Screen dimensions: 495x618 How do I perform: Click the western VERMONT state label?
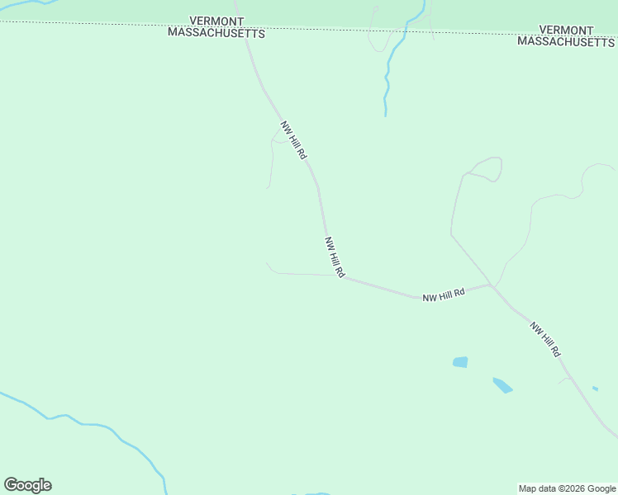(216, 21)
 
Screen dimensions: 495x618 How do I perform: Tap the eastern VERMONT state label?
(566, 30)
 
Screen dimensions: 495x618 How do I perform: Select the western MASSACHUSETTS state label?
(216, 34)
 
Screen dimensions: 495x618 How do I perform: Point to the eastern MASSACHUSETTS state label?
(566, 41)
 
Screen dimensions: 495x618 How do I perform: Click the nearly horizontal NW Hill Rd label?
(444, 295)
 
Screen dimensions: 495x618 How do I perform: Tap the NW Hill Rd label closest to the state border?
(293, 140)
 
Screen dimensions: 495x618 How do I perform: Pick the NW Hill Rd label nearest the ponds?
(545, 338)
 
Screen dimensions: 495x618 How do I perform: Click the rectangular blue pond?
(460, 361)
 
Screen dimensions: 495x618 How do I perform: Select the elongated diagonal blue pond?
(502, 384)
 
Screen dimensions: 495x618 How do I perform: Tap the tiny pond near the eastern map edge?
(595, 388)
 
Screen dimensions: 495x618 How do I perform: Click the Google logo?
(27, 485)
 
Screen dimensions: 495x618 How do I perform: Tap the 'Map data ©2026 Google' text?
(568, 488)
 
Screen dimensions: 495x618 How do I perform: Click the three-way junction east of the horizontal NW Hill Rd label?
(491, 285)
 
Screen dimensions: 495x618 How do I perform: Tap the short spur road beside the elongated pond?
(563, 379)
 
